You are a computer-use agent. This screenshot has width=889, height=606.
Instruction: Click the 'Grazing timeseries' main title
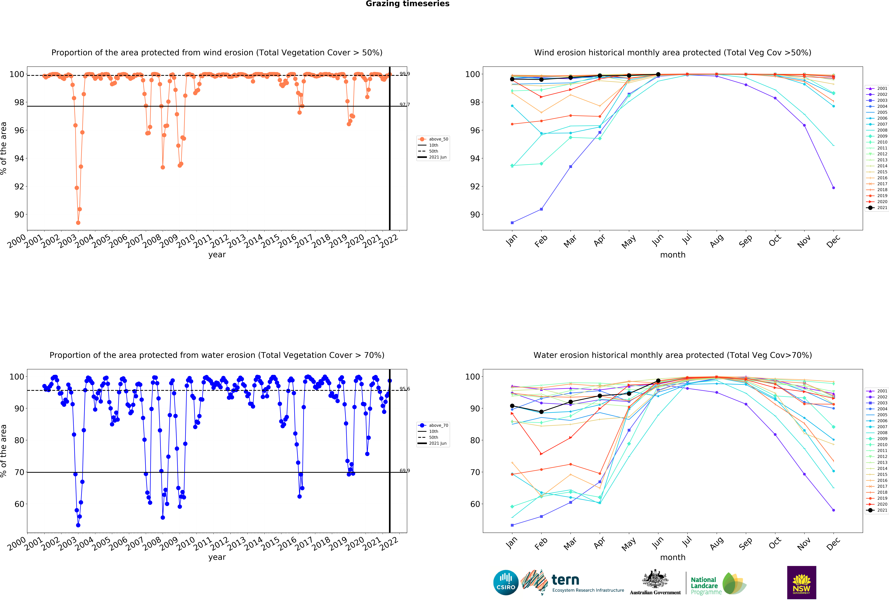tap(407, 4)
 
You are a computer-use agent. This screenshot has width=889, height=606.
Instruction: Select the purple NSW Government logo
tap(801, 582)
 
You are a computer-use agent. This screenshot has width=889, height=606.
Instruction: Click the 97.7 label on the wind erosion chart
tap(404, 104)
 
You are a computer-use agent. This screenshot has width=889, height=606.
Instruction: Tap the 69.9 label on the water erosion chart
tap(404, 471)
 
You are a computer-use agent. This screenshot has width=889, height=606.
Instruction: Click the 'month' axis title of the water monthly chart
tap(672, 557)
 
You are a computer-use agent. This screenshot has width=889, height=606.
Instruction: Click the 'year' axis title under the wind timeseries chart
tap(217, 255)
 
